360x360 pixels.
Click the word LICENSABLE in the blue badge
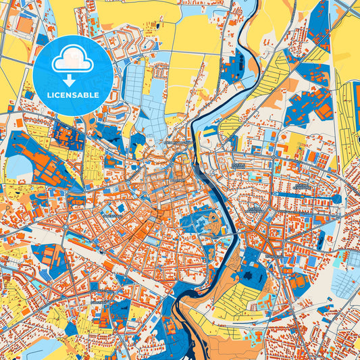point(72,95)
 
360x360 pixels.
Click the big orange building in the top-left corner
point(24,25)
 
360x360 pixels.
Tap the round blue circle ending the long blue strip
point(336,199)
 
